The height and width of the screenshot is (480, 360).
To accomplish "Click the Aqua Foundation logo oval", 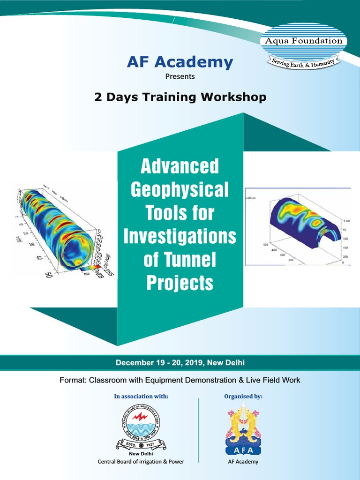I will point(304,41).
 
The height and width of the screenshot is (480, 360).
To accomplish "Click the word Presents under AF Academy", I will point(180,76).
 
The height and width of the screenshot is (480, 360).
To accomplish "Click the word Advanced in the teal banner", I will point(180,166).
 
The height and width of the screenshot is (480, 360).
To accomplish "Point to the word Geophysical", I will point(180,189).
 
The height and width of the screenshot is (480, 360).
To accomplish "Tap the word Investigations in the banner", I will point(180,236).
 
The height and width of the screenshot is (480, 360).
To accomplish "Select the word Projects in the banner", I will point(180,283).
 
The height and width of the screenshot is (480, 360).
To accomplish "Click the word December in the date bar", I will point(133,362).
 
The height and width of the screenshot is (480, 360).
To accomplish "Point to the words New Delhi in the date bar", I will point(227,362).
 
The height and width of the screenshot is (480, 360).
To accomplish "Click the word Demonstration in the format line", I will point(221,380).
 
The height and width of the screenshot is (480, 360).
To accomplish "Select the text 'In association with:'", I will point(141,397).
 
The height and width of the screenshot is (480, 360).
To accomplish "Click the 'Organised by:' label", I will point(243,397).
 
